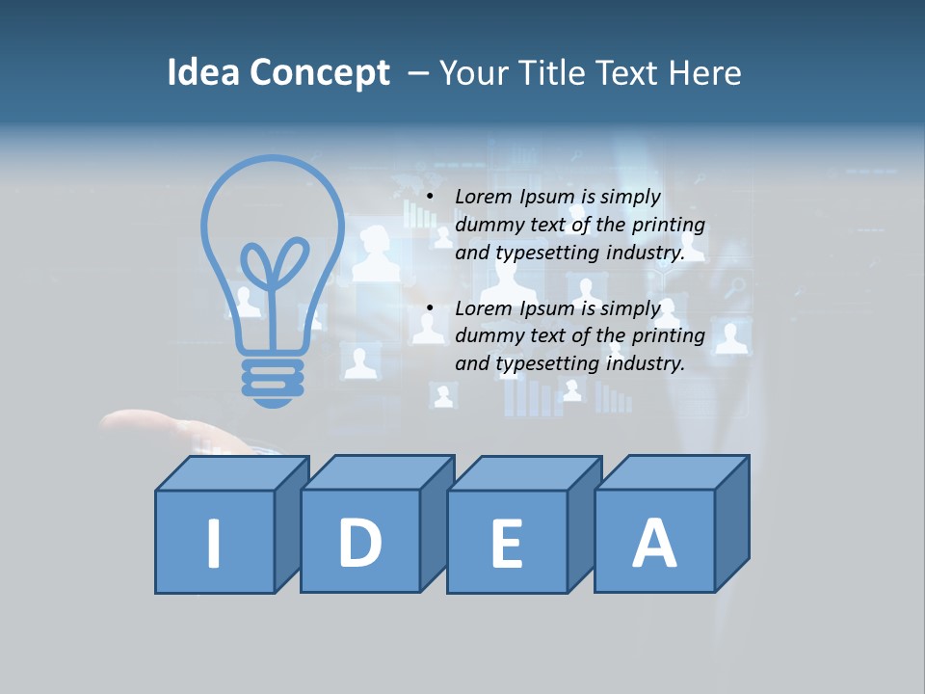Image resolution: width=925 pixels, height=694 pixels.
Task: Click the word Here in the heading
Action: (706, 73)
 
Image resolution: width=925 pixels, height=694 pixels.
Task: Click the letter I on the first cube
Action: (214, 543)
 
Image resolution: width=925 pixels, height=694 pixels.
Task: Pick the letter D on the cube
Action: (359, 542)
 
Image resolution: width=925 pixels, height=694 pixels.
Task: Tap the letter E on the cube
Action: (507, 544)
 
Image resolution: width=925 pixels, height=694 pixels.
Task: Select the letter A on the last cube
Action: (653, 542)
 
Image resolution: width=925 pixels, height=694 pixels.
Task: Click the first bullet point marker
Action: (430, 198)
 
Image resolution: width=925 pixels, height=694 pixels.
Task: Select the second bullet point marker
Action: (430, 309)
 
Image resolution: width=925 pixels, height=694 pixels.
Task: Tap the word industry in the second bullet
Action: (645, 364)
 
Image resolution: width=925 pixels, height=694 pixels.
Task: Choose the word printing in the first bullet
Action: (671, 226)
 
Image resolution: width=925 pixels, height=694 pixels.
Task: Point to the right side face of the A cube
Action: (731, 525)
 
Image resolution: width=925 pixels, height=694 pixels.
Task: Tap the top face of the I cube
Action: (232, 472)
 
